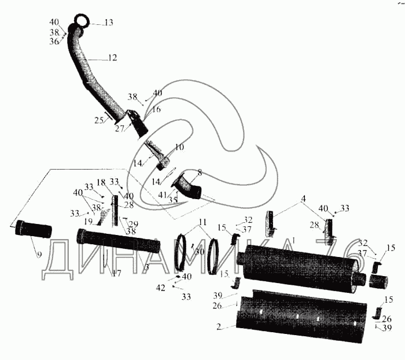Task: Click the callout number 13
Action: (108, 23)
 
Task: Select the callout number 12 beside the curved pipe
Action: (112, 58)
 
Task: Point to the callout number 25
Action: (99, 120)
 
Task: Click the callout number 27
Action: (119, 129)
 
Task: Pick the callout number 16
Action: (156, 109)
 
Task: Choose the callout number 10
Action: (179, 148)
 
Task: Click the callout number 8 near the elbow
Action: (200, 172)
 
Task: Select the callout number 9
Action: (40, 254)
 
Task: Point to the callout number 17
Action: (117, 273)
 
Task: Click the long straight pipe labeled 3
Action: (119, 241)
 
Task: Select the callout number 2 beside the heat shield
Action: (219, 327)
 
